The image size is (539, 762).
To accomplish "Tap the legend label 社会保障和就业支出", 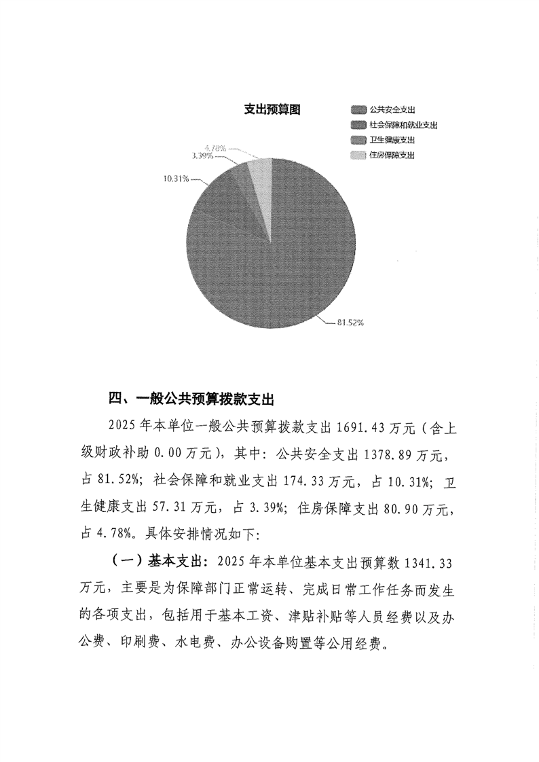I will pyautogui.click(x=403, y=125).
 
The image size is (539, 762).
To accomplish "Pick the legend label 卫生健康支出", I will pyautogui.click(x=392, y=140).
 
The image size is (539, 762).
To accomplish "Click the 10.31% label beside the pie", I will pyautogui.click(x=176, y=179).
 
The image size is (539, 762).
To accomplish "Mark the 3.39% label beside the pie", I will pyautogui.click(x=204, y=156).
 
